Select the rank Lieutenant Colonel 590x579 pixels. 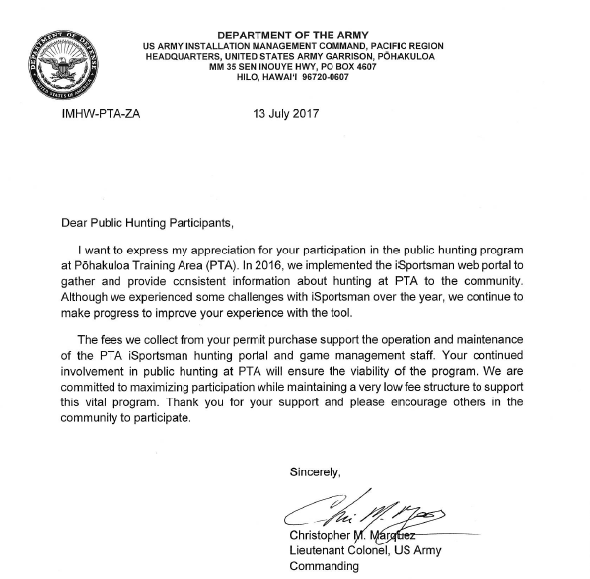click(x=342, y=551)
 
